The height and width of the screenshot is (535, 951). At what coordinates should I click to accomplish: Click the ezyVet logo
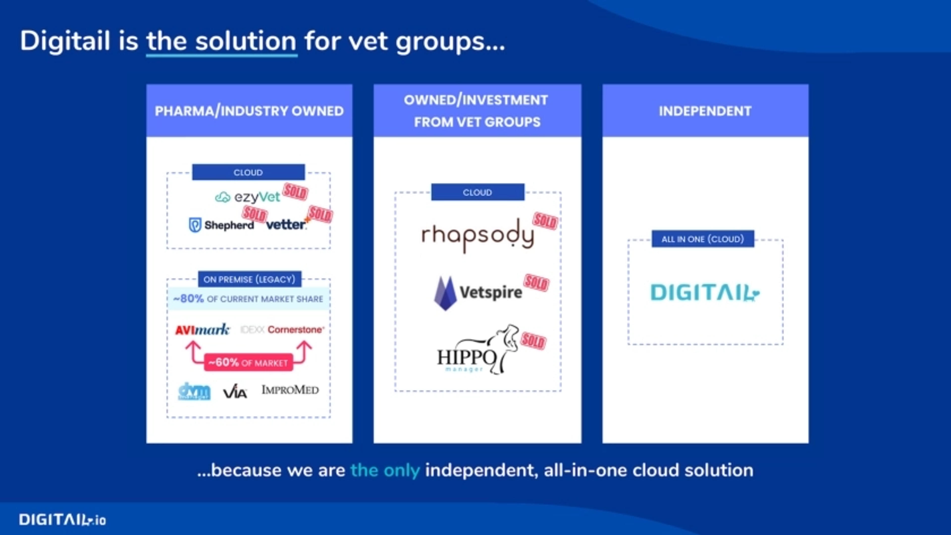click(x=248, y=197)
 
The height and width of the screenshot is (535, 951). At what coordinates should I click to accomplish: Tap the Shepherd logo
click(x=221, y=225)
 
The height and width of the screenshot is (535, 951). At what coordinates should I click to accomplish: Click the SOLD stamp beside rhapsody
click(x=545, y=221)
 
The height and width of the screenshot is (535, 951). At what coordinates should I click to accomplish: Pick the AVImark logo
click(x=202, y=329)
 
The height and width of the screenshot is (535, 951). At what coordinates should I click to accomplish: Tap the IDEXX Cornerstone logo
click(x=282, y=329)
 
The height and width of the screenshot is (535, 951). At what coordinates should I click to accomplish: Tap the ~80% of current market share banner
click(x=248, y=299)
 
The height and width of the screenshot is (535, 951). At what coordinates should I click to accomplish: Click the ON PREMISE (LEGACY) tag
click(x=250, y=279)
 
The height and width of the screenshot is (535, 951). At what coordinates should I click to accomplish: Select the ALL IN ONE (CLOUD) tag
click(x=703, y=239)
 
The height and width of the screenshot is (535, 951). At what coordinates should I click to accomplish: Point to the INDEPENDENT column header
click(x=705, y=111)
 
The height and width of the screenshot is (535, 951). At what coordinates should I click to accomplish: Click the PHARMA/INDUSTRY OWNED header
click(x=249, y=111)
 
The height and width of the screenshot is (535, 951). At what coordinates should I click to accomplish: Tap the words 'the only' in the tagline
click(x=385, y=470)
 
